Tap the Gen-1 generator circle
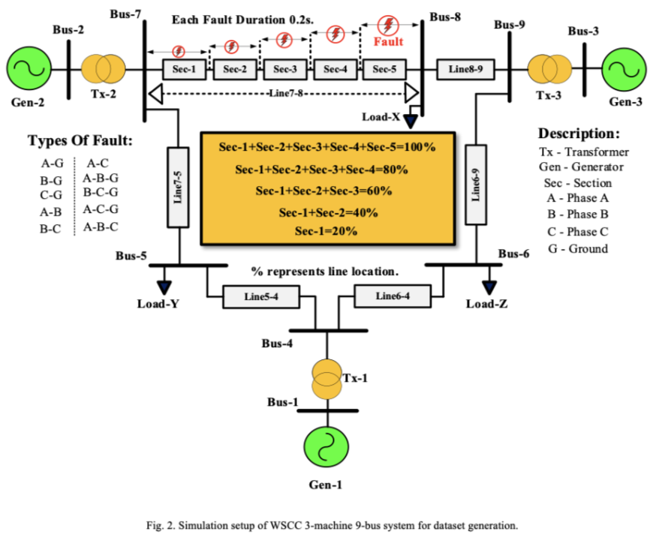pyautogui.click(x=325, y=447)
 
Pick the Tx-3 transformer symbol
pyautogui.click(x=550, y=69)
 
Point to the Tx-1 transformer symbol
pyautogui.click(x=326, y=379)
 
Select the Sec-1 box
pyautogui.click(x=184, y=70)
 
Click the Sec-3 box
pyautogui.click(x=284, y=70)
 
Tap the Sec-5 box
pyautogui.click(x=384, y=70)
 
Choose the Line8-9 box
pyautogui.click(x=465, y=69)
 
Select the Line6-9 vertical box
pyautogui.click(x=477, y=184)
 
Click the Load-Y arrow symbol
pyautogui.click(x=164, y=286)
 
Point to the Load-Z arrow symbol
pyautogui.click(x=489, y=286)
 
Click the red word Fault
pyautogui.click(x=388, y=42)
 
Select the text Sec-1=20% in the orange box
pyautogui.click(x=328, y=230)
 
